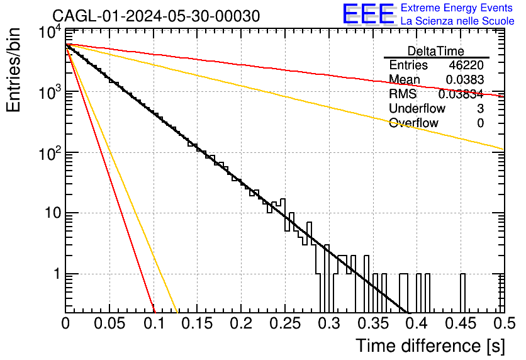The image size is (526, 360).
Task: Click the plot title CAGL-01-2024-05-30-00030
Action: (x=156, y=16)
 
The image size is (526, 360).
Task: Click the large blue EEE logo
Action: (x=368, y=14)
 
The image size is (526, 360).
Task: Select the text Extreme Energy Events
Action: (x=457, y=8)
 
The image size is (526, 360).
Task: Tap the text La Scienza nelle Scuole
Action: (x=457, y=21)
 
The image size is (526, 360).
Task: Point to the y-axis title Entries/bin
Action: (x=14, y=70)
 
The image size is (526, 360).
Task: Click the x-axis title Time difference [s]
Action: (x=430, y=346)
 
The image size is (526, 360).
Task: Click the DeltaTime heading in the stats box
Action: (x=436, y=51)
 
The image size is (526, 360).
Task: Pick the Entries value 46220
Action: (x=466, y=65)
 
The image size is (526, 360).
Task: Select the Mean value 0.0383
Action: (x=464, y=79)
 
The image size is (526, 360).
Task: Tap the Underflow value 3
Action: (x=480, y=108)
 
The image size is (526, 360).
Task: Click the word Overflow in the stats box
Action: (x=413, y=123)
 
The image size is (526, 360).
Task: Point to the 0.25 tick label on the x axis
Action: (x=285, y=323)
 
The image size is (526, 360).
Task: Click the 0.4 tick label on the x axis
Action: (x=417, y=323)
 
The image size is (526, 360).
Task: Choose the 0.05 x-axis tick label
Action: (x=109, y=323)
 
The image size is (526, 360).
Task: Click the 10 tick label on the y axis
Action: (x=53, y=213)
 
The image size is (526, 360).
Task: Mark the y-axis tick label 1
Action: (x=57, y=274)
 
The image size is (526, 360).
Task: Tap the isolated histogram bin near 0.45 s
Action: (x=462, y=293)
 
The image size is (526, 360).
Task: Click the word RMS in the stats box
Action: (x=403, y=94)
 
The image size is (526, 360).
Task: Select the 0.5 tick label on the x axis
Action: (x=504, y=323)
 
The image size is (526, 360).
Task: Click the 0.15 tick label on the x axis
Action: (x=198, y=323)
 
